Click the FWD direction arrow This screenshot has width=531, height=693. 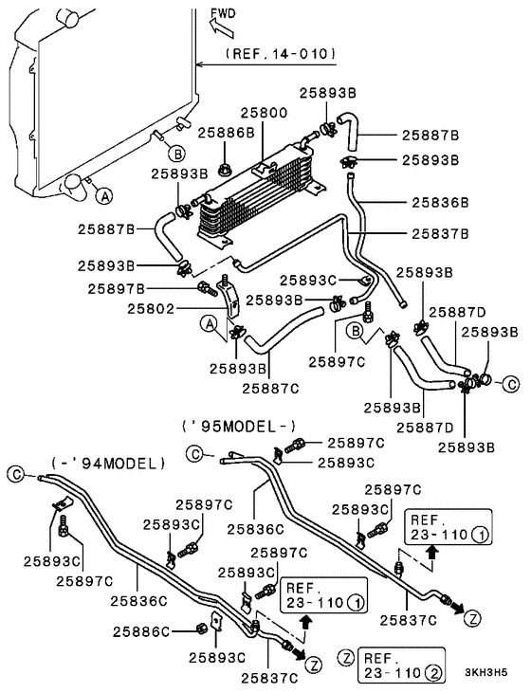(x=221, y=27)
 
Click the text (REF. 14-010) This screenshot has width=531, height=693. (x=281, y=54)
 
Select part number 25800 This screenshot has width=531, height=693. (x=264, y=113)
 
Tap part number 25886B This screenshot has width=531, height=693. (x=226, y=133)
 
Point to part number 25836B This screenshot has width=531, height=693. (x=440, y=203)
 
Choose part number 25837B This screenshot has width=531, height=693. (x=440, y=233)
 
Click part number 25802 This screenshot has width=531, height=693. (x=151, y=308)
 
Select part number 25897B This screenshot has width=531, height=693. (x=117, y=289)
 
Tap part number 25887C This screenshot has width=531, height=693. (x=270, y=389)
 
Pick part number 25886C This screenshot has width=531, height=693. (x=141, y=632)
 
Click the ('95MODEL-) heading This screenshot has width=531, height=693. (x=239, y=426)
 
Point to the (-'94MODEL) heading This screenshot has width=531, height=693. (x=108, y=464)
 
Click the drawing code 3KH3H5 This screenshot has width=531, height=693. (x=486, y=672)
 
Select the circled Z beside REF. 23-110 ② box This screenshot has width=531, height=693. (x=346, y=658)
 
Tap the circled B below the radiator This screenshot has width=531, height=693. (x=177, y=155)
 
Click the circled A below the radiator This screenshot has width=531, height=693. (x=104, y=195)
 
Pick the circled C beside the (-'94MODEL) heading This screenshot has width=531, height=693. (x=16, y=475)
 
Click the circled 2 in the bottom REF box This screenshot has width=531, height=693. (x=433, y=673)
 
